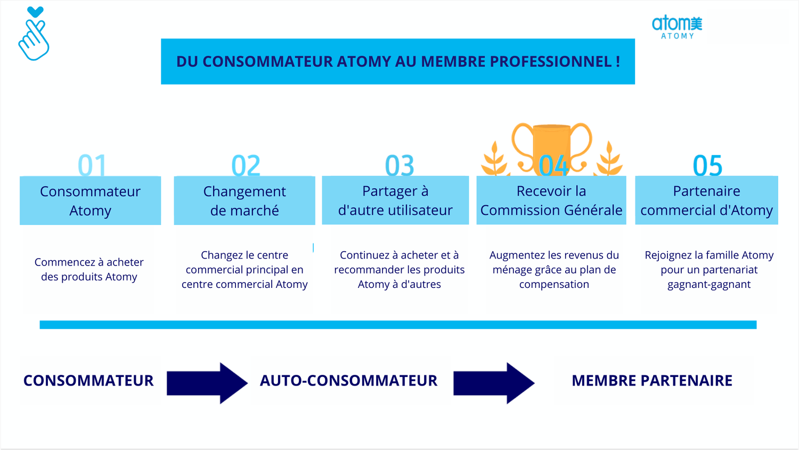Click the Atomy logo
click(677, 27)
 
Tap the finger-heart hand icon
click(34, 40)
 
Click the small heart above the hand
click(35, 12)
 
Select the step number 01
click(92, 165)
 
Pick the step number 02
click(246, 165)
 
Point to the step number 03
click(399, 165)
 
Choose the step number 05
click(707, 165)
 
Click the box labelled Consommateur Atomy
click(90, 200)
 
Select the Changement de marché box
click(244, 200)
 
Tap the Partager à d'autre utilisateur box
click(395, 200)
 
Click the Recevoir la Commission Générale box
click(551, 200)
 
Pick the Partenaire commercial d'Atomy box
click(707, 200)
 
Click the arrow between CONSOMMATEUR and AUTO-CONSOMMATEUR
click(207, 383)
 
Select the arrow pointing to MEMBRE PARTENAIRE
click(494, 383)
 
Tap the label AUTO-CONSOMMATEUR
click(348, 381)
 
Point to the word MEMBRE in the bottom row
click(604, 381)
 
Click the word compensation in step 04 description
click(554, 285)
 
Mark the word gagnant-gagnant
click(709, 285)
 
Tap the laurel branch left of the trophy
click(494, 159)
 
